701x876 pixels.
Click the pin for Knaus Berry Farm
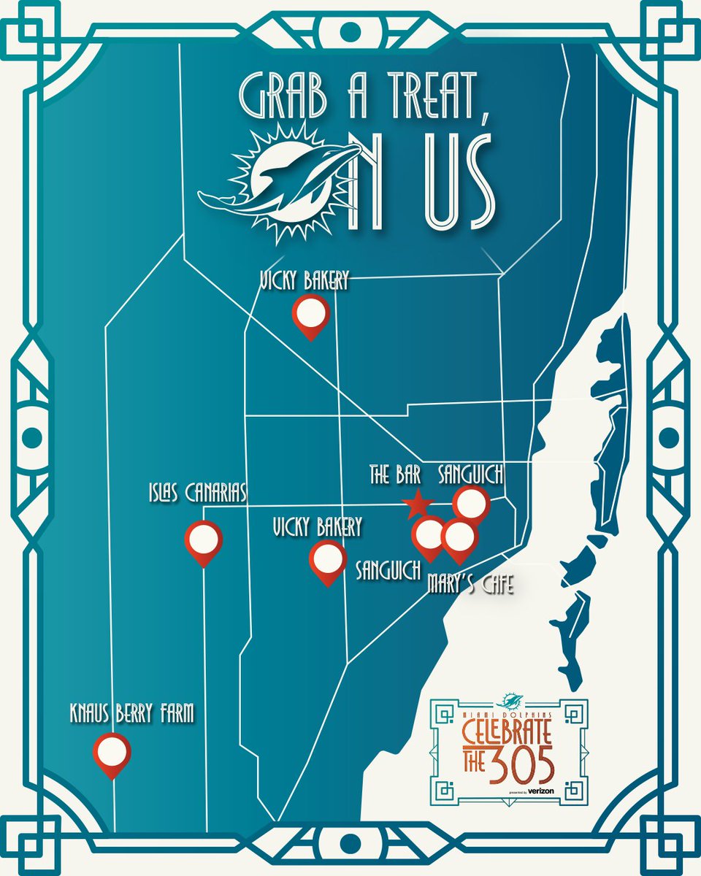(112, 752)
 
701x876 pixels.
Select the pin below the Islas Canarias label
(204, 541)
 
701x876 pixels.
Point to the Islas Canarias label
(195, 496)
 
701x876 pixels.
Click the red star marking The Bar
(418, 504)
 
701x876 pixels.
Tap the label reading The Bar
(395, 477)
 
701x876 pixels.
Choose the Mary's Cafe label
(471, 584)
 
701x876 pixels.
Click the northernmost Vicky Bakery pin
(310, 315)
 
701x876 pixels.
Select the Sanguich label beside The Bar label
(471, 476)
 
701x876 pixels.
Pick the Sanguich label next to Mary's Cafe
(388, 569)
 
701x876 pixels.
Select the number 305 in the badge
(521, 764)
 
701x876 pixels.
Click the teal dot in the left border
(31, 437)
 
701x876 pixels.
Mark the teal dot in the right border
(669, 437)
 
